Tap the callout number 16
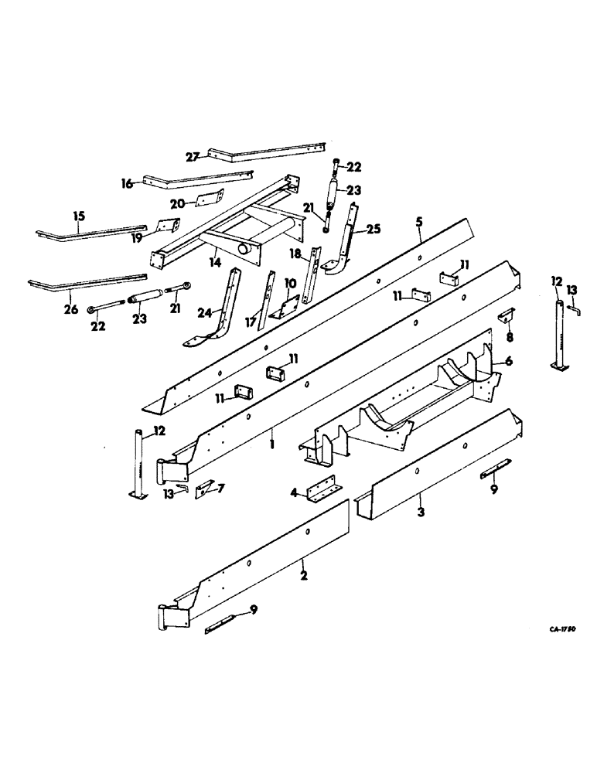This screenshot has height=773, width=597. [128, 183]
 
